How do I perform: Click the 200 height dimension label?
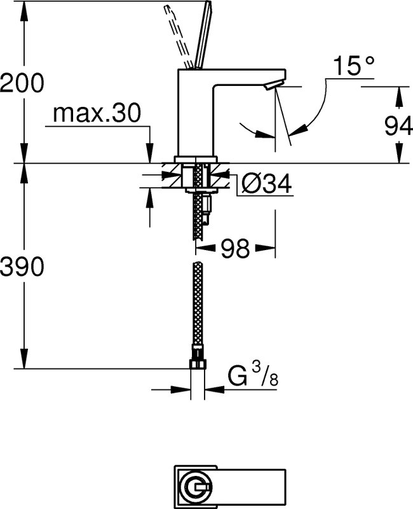click(22, 83)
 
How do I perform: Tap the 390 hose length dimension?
click(22, 266)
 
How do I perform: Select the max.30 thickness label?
click(97, 113)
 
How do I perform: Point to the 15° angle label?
click(354, 66)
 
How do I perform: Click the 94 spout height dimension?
click(398, 126)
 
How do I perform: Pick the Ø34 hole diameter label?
click(267, 184)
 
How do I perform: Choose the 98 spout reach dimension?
click(235, 249)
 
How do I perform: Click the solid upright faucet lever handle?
click(203, 35)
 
